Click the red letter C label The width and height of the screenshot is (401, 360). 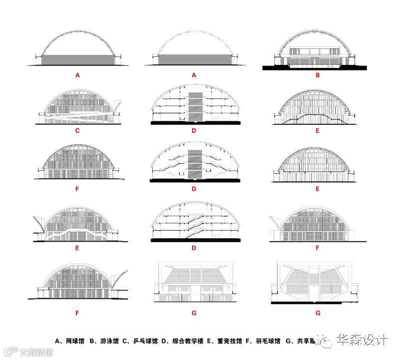click(77, 132)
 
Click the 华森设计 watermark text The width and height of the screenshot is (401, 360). click(363, 341)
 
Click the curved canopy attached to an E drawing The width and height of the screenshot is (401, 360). click(38, 223)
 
